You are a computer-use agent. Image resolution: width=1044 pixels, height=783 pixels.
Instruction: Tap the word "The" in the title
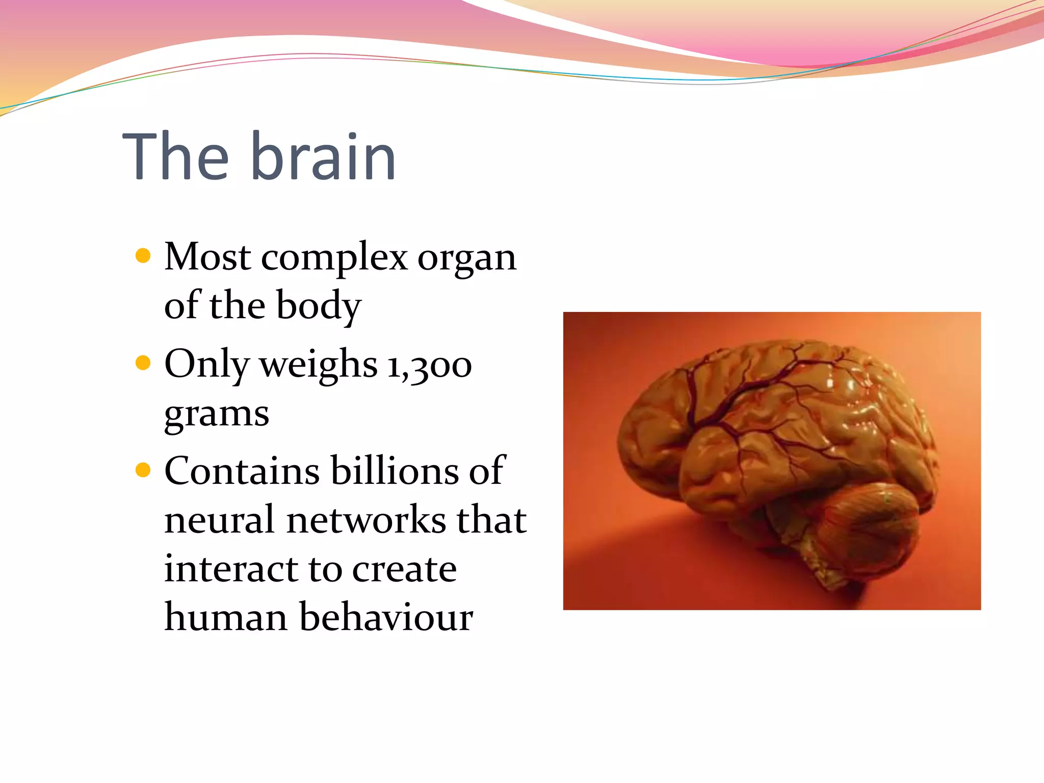pyautogui.click(x=176, y=156)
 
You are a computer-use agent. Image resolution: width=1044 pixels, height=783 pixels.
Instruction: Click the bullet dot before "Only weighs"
pyautogui.click(x=144, y=363)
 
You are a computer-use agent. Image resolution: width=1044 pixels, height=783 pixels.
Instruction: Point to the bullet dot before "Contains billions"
pyautogui.click(x=144, y=469)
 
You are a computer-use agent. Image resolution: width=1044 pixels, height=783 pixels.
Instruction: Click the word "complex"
pyautogui.click(x=334, y=258)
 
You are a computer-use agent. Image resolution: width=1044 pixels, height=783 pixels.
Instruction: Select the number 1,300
pyautogui.click(x=429, y=366)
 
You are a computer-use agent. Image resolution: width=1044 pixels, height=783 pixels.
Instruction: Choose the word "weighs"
pyautogui.click(x=319, y=366)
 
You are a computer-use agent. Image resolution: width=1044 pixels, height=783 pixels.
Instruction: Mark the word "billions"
pyautogui.click(x=395, y=471)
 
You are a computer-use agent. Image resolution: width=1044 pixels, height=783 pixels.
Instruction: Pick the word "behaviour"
pyautogui.click(x=386, y=617)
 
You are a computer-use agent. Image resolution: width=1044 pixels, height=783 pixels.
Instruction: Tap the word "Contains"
pyautogui.click(x=242, y=471)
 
